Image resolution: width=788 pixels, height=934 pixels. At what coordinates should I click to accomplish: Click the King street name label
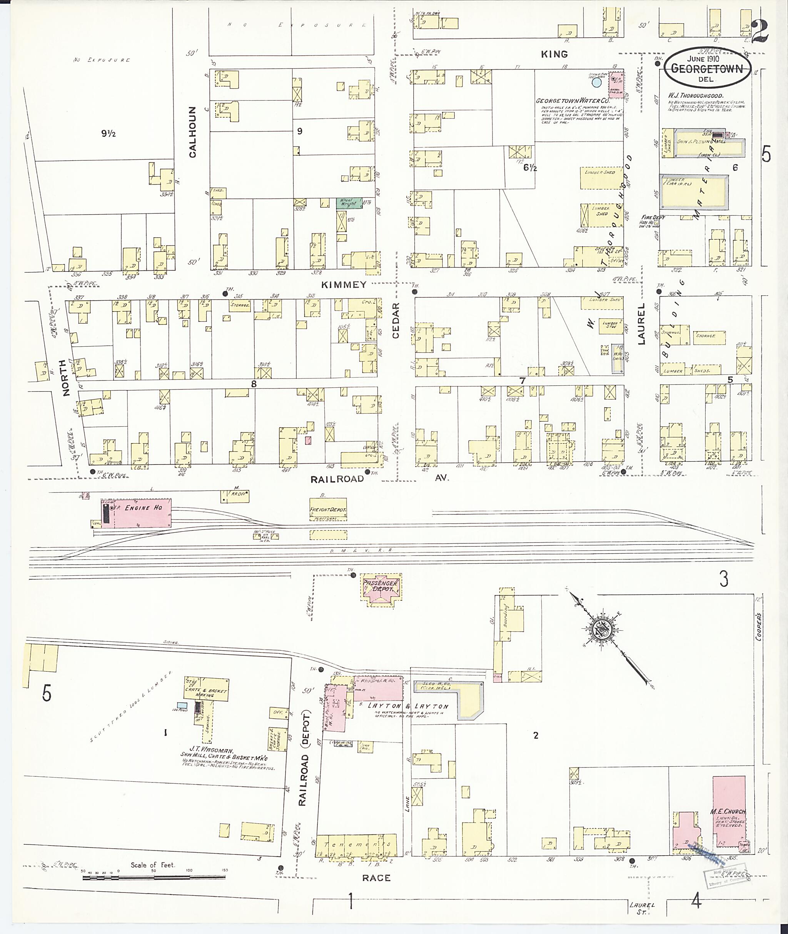pyautogui.click(x=554, y=54)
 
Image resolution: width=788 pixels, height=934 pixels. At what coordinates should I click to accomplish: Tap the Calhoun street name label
pyautogui.click(x=192, y=132)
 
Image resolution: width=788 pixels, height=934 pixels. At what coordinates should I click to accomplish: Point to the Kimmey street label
pyautogui.click(x=344, y=285)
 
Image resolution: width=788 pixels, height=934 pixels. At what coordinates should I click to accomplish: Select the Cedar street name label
pyautogui.click(x=396, y=320)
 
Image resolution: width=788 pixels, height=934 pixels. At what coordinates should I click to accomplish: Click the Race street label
pyautogui.click(x=376, y=878)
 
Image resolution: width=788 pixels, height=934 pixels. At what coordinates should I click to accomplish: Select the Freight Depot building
pyautogui.click(x=328, y=509)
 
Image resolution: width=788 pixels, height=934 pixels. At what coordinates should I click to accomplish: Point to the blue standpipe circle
pyautogui.click(x=596, y=82)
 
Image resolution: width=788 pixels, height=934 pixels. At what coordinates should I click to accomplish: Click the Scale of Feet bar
pyautogui.click(x=154, y=877)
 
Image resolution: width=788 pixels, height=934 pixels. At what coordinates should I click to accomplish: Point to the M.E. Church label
pyautogui.click(x=728, y=811)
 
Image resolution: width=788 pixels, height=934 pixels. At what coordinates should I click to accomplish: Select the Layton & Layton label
pyautogui.click(x=407, y=706)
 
